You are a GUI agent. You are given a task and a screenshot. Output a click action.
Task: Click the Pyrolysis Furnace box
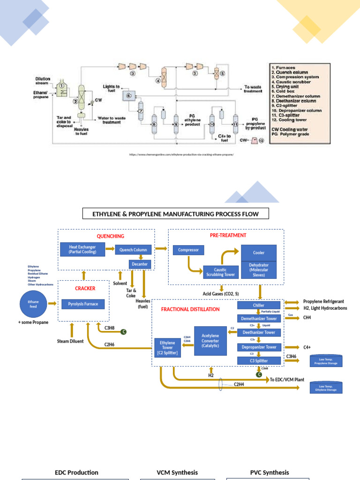83,304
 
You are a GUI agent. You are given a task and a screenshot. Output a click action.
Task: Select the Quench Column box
134,249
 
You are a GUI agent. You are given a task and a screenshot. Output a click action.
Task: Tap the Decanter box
140,264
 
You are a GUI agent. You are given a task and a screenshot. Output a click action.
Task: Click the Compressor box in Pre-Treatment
188,250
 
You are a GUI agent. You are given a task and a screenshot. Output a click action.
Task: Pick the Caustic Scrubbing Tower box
219,272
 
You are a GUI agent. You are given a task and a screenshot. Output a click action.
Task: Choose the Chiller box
259,306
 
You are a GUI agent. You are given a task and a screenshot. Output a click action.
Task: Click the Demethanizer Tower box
259,319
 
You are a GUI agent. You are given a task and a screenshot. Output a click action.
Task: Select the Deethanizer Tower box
259,332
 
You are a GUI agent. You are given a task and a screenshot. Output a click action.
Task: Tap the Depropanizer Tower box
259,347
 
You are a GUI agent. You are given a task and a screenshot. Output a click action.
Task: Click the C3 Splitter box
259,360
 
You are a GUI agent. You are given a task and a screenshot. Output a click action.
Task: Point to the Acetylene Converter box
210,340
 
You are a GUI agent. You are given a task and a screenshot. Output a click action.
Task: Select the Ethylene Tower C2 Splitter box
167,348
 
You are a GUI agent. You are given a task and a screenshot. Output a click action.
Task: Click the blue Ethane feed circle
33,303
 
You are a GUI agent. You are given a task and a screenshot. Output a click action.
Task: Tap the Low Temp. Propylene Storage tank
326,361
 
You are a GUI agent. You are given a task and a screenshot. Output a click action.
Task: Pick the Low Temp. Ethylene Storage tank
326,387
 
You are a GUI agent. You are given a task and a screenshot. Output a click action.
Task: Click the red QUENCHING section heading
110,236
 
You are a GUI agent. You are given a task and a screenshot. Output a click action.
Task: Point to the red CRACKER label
85,288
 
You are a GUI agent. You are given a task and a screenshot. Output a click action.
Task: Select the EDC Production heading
76,472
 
